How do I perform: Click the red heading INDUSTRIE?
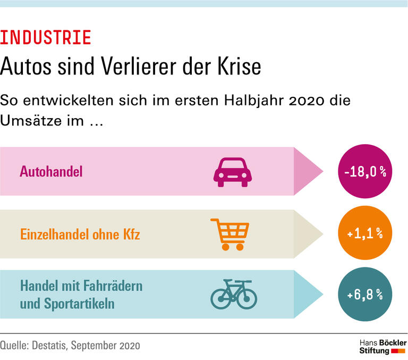[x=46, y=38]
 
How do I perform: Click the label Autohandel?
[x=52, y=172]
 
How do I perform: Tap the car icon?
[x=232, y=172]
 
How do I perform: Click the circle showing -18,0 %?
[x=364, y=172]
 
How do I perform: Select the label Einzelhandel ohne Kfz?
[x=80, y=234]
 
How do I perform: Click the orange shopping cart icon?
[x=230, y=234]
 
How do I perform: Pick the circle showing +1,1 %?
[x=364, y=234]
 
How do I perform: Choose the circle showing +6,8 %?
[x=364, y=295]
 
